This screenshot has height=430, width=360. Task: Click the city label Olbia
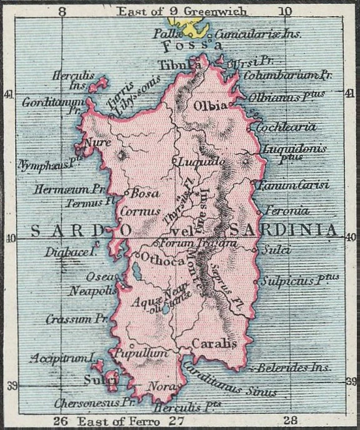211,106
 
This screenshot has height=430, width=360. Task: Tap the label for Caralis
214,343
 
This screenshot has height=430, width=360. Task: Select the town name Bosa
144,193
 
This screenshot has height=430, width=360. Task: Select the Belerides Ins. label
294,367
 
